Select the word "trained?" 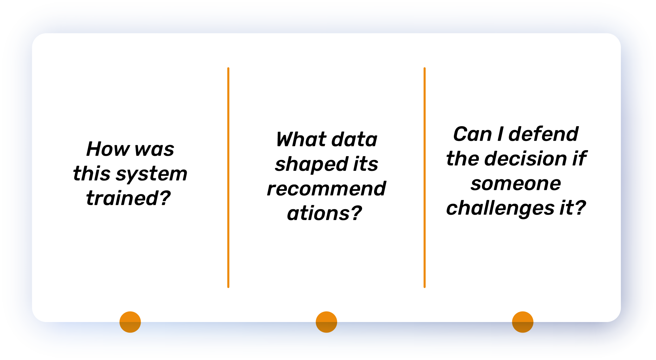point(128,198)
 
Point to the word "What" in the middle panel point(301,139)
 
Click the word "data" point(354,139)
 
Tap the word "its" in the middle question point(366,164)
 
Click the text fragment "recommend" point(326,188)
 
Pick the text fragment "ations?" point(324,213)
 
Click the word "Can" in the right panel point(472,134)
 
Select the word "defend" point(543,134)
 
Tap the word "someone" point(516,184)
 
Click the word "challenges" point(500,208)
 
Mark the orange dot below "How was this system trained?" point(130,322)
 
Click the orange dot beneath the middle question point(326,322)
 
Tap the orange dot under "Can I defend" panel point(523,322)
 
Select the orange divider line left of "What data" point(229,178)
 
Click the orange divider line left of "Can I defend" point(425,178)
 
